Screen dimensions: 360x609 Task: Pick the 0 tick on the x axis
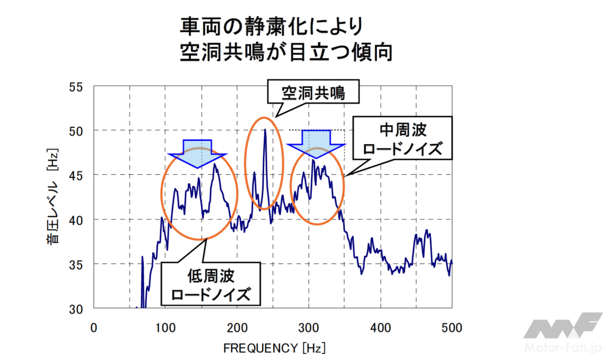pyautogui.click(x=93, y=327)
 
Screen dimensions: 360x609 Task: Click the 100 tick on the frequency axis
pyautogui.click(x=165, y=327)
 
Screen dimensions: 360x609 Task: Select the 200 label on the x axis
pyautogui.click(x=237, y=327)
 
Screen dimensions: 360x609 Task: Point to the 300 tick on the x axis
pyautogui.click(x=309, y=327)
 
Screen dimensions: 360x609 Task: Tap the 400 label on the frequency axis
pyautogui.click(x=380, y=327)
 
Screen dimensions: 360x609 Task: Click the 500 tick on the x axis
pyautogui.click(x=452, y=327)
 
